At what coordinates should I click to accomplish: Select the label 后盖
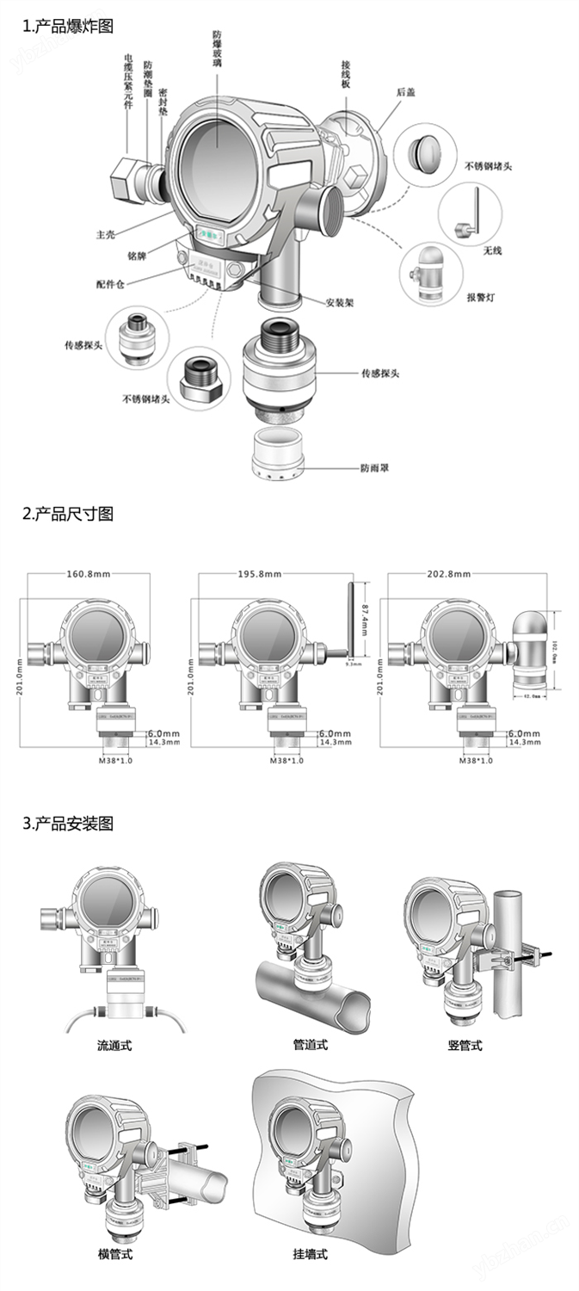point(406,92)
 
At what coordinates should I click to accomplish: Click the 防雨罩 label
point(375,469)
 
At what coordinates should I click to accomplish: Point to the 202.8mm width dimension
point(447,574)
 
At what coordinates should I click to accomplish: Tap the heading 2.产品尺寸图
point(67,515)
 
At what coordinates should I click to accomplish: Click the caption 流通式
point(114,1047)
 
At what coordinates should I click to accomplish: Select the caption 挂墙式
point(310,1254)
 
